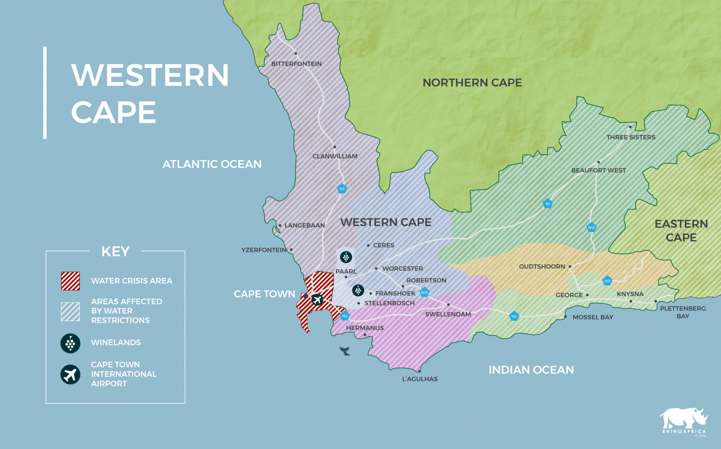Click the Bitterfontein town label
pos(296,64)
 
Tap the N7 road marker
pos(342,189)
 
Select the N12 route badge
pos(591,227)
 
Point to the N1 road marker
pos(547,203)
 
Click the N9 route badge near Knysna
pos(607,281)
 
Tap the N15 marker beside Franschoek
pos(424,292)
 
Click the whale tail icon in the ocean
pos(345,351)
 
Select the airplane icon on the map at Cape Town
pos(317,299)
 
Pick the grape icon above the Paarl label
pos(346,257)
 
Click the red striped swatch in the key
pos(70,281)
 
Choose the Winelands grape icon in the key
pos(70,343)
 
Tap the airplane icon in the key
pos(70,374)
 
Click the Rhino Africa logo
pos(684,421)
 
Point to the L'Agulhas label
pos(420,379)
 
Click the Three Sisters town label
pos(630,137)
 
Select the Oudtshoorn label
pos(542,266)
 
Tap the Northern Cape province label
pos(472,82)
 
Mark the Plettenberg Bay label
pos(683,312)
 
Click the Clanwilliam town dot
pos(335,147)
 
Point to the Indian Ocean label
pos(531,370)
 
